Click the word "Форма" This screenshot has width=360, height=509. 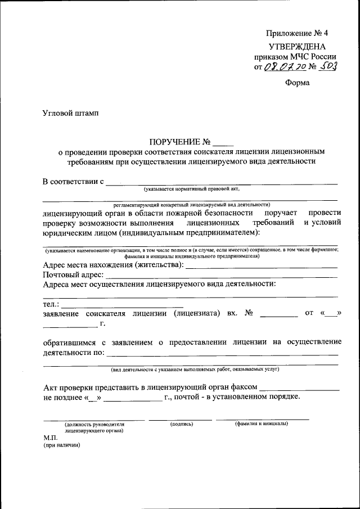tap(297, 83)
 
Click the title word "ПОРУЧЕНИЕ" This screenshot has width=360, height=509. tap(173, 142)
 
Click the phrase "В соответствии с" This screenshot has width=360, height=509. tap(74, 182)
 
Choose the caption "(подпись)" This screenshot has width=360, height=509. tap(181, 423)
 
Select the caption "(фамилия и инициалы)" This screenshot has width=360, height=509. tap(262, 423)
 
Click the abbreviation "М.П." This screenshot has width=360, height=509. tap(51, 437)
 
